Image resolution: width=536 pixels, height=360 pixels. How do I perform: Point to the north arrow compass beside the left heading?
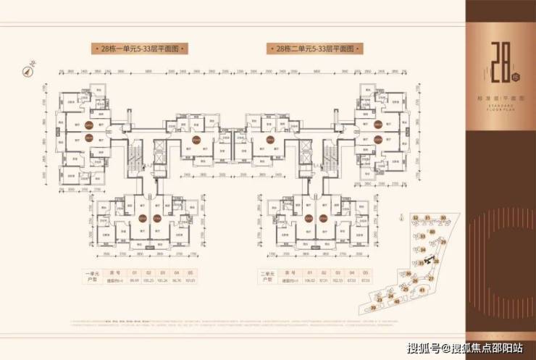coord(32,72)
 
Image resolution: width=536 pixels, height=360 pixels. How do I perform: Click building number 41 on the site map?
coord(422,290)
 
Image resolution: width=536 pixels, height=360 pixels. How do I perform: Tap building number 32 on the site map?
coord(414,217)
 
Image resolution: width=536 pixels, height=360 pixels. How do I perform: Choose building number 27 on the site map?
coord(432,277)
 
